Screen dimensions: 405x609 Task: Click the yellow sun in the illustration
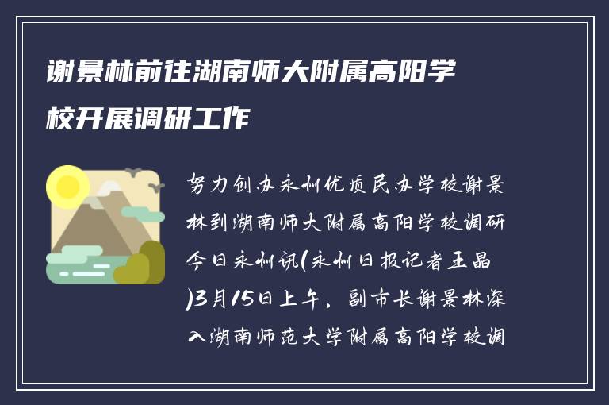point(67,187)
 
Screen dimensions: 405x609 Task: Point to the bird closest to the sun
point(134,172)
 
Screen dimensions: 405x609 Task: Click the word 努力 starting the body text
point(208,186)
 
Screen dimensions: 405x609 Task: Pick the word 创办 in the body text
point(251,186)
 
